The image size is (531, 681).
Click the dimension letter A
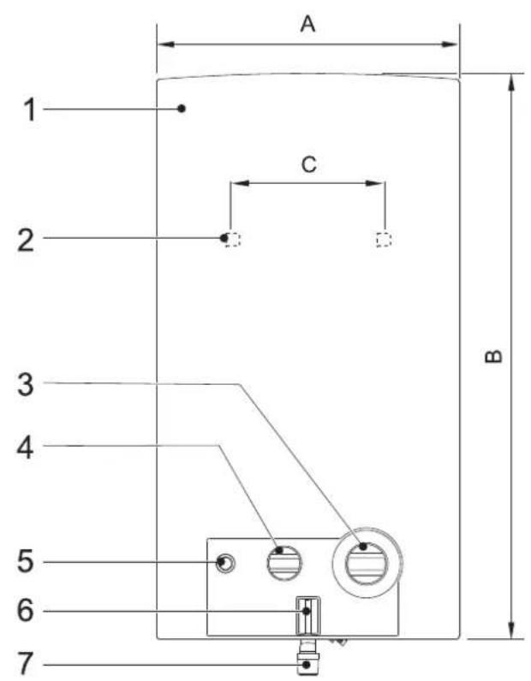[307, 24]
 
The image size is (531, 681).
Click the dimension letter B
[493, 356]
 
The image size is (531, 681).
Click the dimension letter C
[309, 164]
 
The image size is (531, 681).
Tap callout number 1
[30, 110]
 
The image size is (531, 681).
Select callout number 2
[26, 240]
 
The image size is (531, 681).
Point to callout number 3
[26, 385]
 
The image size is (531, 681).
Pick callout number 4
[25, 447]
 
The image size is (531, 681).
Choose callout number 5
[25, 560]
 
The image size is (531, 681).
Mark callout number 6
[25, 610]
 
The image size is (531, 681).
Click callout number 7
[25, 663]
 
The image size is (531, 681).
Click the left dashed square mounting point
[233, 240]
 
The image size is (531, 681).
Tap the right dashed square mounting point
[384, 240]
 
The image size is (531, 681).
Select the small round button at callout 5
[225, 563]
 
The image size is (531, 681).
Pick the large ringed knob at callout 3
[367, 563]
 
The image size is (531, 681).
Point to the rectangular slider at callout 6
[308, 616]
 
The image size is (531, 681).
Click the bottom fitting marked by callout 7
[308, 657]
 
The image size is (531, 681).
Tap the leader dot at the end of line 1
[182, 109]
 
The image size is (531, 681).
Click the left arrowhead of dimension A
[165, 44]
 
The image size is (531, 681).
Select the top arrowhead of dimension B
[511, 82]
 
